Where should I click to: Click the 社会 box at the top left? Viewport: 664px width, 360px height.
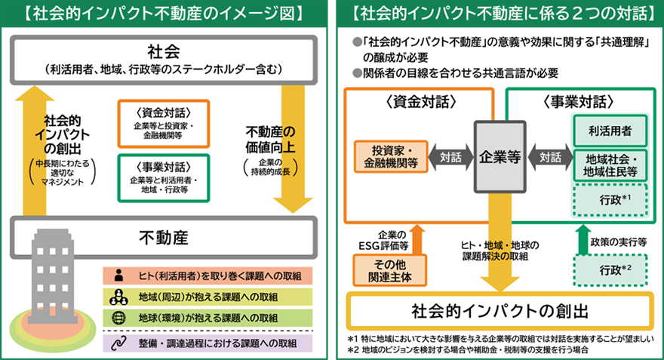pos(163,58)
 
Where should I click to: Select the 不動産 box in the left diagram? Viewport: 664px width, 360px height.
pos(163,238)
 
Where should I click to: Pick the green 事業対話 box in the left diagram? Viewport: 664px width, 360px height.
pos(163,178)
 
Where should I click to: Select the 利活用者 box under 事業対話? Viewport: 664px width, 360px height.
pos(610,131)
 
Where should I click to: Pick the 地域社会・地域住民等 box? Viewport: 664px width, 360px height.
pos(610,165)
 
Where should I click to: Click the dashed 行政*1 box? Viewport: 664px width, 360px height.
pos(610,200)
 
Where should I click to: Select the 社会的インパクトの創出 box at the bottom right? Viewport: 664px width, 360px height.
pos(500,311)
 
